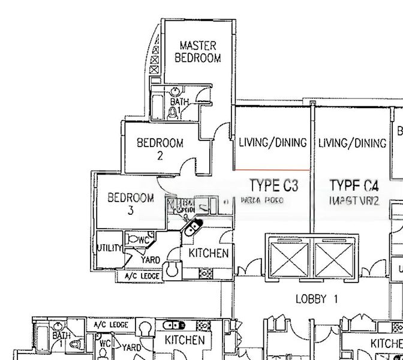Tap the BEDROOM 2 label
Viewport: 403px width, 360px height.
160,149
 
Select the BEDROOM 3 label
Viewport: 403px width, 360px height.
131,203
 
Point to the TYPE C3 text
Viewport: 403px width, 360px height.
273,184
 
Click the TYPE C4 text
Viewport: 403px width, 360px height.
354,184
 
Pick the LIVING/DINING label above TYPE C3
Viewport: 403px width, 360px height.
273,143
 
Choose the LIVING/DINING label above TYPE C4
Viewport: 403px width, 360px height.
352,143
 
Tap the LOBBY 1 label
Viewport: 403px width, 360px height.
317,298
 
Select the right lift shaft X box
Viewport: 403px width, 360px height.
335,259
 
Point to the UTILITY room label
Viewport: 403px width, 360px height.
109,248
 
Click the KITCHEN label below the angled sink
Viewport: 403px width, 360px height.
208,253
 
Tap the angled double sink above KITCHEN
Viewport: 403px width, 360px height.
193,227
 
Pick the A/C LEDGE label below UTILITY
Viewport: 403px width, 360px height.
141,276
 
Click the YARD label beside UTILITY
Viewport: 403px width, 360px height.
150,260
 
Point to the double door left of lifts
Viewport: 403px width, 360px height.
248,271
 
